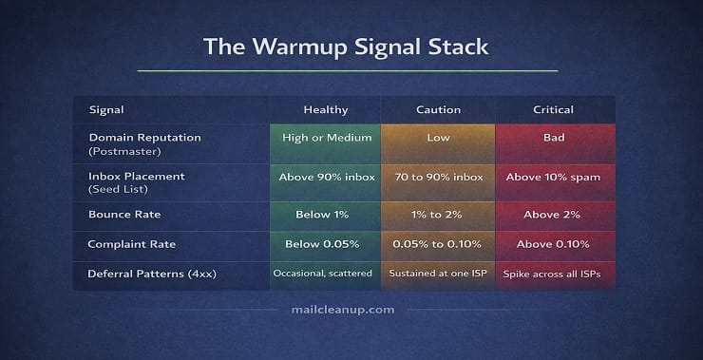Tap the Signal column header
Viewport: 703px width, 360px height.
pos(105,110)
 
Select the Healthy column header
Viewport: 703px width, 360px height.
pos(325,110)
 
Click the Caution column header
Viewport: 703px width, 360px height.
pos(437,110)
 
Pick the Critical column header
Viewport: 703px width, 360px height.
pos(554,110)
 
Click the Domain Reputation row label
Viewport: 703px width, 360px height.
pos(135,138)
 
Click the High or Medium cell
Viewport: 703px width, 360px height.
pos(325,138)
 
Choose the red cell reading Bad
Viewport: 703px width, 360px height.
pos(554,138)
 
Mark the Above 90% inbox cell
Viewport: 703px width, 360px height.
pos(325,177)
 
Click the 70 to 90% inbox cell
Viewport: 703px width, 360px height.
pos(437,177)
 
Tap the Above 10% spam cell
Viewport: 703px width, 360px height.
pos(554,177)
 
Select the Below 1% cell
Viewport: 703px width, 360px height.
pos(325,216)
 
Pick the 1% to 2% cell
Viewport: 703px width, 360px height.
pos(437,216)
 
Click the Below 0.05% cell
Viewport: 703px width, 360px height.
pos(325,245)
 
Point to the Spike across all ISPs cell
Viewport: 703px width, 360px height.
pos(554,274)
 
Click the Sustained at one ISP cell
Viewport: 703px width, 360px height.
pos(437,274)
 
